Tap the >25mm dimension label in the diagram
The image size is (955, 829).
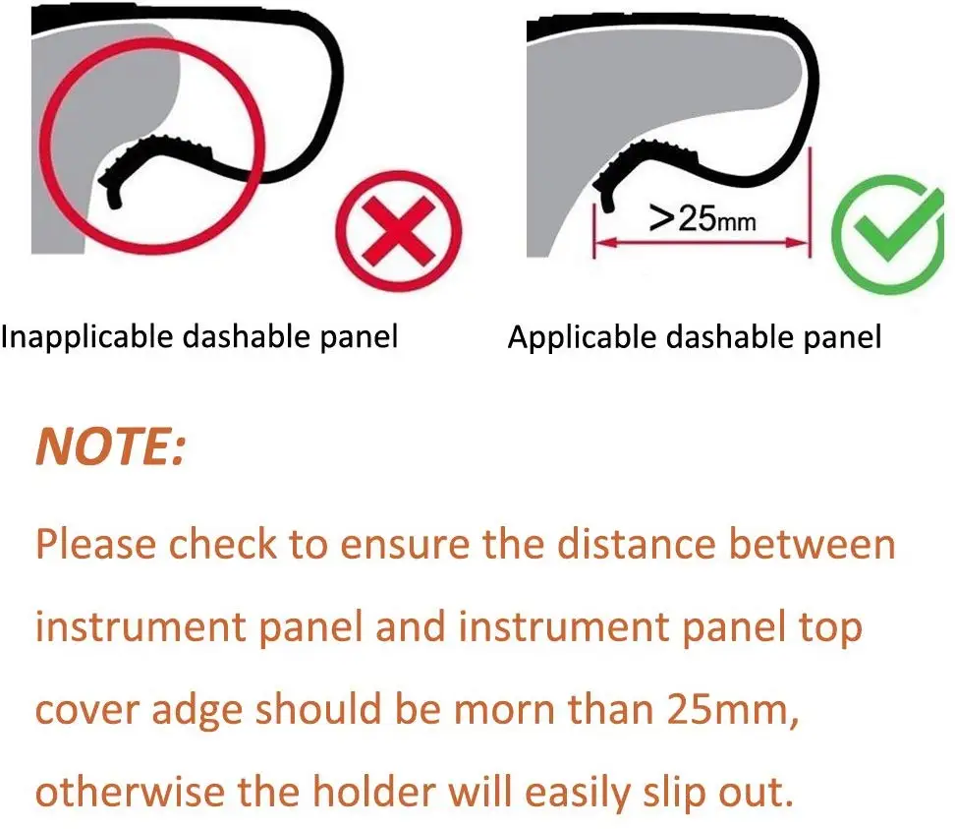coord(702,218)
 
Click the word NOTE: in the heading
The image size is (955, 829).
coord(110,447)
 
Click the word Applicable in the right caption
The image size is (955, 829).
coord(581,337)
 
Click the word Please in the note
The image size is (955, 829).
coord(94,544)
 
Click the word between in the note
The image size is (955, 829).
coord(832,544)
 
